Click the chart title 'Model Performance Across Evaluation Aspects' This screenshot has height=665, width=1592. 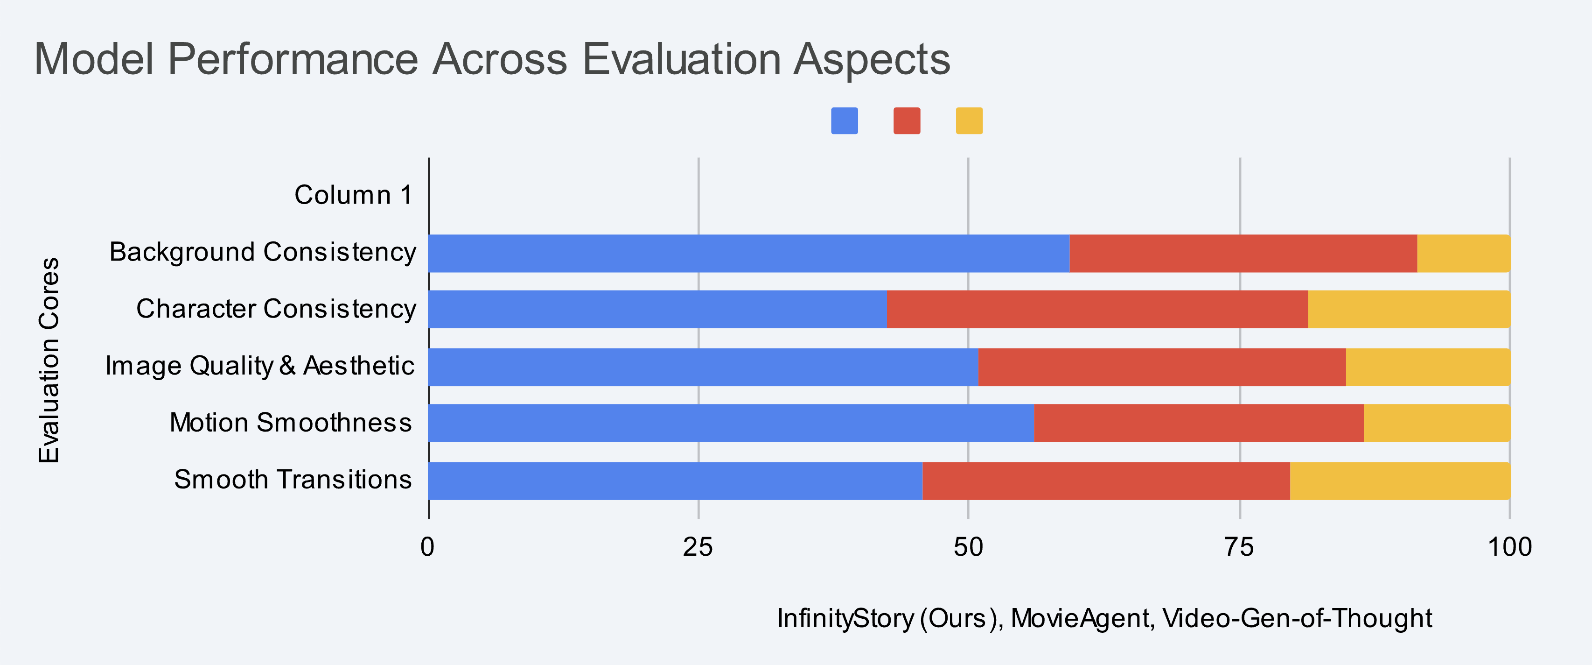pos(492,59)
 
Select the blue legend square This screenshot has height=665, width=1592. pos(844,120)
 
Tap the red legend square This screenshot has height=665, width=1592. pos(907,120)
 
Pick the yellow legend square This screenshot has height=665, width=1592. pos(969,120)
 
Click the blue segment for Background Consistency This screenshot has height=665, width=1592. pos(749,253)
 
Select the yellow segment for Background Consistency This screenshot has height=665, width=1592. pos(1463,253)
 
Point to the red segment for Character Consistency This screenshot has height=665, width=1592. pos(1097,309)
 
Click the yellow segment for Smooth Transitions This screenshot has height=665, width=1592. pos(1400,481)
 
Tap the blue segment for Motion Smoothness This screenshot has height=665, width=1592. pos(731,423)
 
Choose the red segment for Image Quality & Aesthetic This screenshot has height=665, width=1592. pos(1162,367)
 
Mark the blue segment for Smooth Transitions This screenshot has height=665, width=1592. pos(676,481)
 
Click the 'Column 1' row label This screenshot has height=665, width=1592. pos(353,195)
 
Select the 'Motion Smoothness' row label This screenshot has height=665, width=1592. pos(291,423)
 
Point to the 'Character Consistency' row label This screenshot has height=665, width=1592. pos(276,309)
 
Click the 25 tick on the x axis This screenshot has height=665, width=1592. pos(698,547)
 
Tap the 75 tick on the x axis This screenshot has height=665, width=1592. pos(1239,547)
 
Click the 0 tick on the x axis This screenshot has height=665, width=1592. pos(428,547)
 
